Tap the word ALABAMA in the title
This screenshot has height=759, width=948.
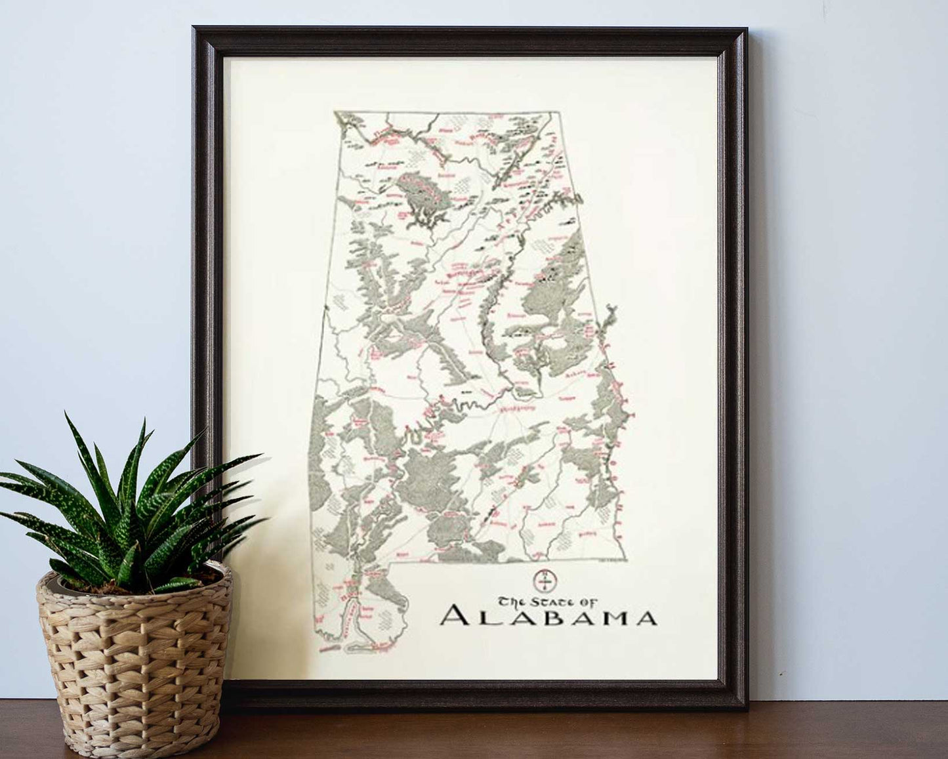(548, 618)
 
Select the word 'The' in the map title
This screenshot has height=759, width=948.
(510, 601)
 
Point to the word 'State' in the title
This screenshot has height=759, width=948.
(545, 600)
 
